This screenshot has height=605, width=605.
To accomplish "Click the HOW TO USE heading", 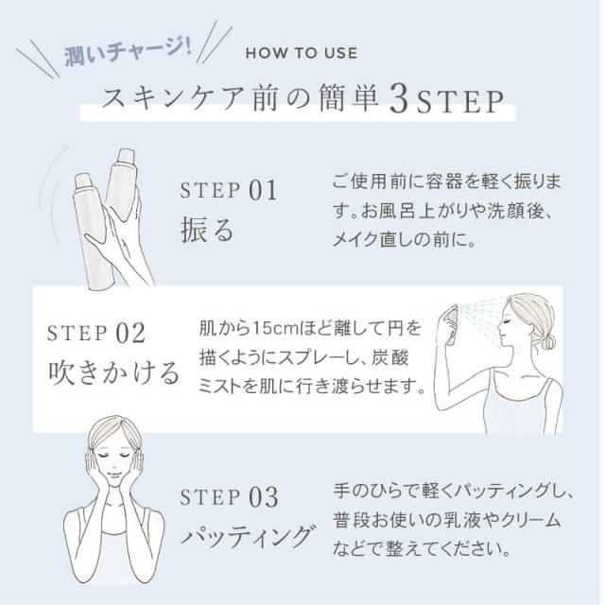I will (302, 52).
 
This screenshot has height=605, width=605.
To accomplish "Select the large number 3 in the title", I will (397, 100).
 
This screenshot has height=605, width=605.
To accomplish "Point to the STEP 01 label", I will (228, 191).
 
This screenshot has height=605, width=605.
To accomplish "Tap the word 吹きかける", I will (113, 372).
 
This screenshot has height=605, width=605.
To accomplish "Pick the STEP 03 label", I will (228, 497).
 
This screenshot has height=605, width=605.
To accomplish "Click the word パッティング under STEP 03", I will (247, 538).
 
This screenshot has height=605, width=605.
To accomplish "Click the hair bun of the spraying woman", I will (548, 341).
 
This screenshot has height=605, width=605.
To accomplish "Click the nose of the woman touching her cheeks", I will (114, 468).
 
